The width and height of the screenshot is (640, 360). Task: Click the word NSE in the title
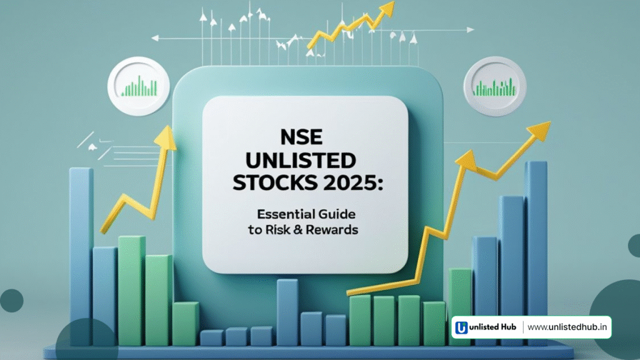pyautogui.click(x=302, y=137)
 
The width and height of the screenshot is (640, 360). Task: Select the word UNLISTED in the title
pyautogui.click(x=301, y=160)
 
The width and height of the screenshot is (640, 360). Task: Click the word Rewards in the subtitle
pyautogui.click(x=332, y=230)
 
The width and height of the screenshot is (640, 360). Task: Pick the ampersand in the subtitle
pyautogui.click(x=298, y=230)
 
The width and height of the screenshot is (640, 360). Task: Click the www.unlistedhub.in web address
pyautogui.click(x=567, y=327)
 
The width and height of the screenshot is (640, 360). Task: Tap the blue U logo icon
pyautogui.click(x=462, y=327)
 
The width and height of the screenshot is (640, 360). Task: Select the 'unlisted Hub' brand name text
pyautogui.click(x=492, y=327)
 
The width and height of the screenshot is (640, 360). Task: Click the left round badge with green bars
pyautogui.click(x=139, y=86)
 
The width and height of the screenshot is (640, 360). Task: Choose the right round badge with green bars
pyautogui.click(x=495, y=86)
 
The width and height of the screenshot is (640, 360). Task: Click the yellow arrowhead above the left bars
pyautogui.click(x=166, y=137)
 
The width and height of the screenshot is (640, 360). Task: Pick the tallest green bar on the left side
pyautogui.click(x=132, y=291)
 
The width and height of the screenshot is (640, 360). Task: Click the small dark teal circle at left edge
pyautogui.click(x=11, y=301)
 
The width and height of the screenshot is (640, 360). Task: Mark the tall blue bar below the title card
pyautogui.click(x=287, y=312)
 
